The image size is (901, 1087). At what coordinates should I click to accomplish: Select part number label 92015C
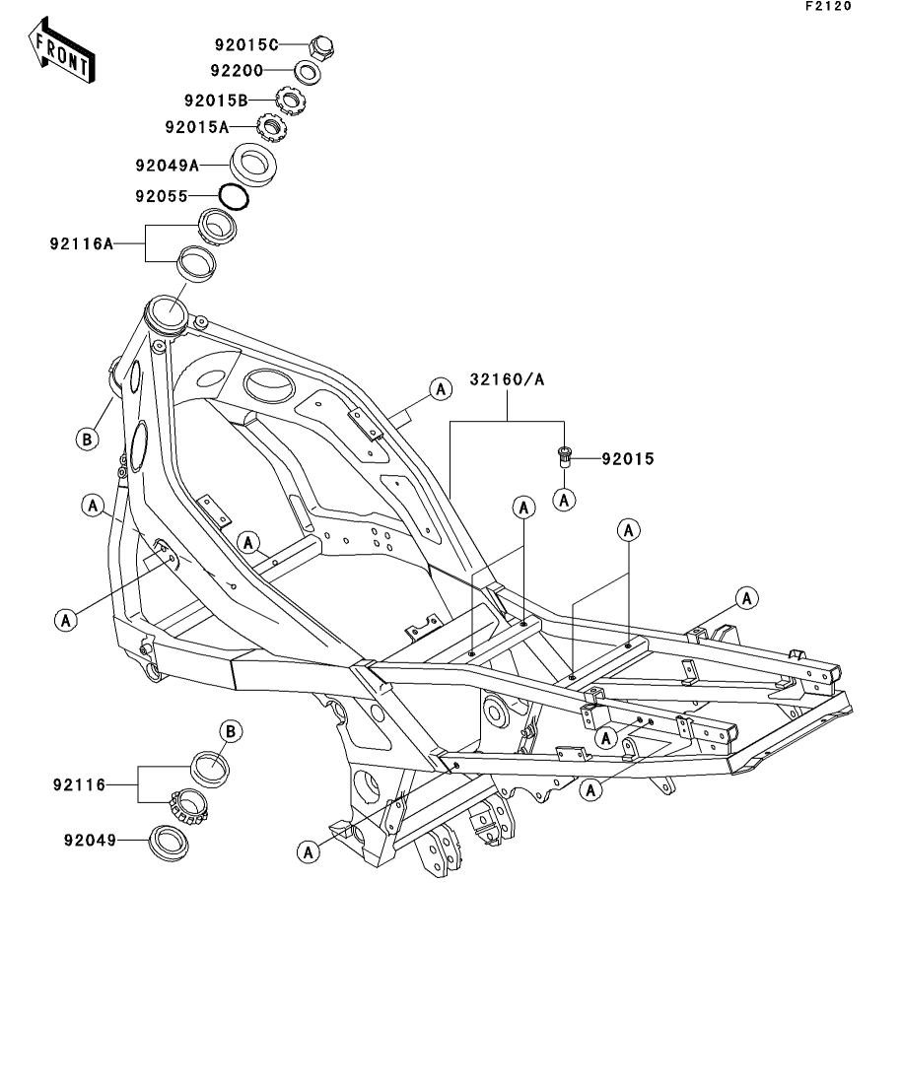click(x=246, y=44)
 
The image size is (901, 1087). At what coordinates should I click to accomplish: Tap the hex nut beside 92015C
click(x=321, y=45)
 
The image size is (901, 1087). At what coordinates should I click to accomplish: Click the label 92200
click(x=237, y=71)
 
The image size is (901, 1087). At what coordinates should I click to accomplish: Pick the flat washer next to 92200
click(x=308, y=72)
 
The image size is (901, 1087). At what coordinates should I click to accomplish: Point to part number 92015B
click(x=215, y=100)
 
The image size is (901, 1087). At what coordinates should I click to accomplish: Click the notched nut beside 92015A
click(x=270, y=126)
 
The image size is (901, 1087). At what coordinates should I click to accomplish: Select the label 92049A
click(x=168, y=165)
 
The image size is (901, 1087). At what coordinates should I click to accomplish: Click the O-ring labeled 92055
click(x=234, y=196)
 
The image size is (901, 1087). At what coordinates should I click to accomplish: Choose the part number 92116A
click(x=82, y=242)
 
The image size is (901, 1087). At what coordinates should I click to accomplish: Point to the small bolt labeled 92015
click(x=564, y=458)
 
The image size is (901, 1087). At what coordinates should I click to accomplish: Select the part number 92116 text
click(x=79, y=785)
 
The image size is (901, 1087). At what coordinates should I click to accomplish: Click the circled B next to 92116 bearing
click(x=230, y=730)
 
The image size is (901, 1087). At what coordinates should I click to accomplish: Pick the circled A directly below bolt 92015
click(x=565, y=500)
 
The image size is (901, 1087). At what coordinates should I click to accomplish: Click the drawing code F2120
click(x=826, y=7)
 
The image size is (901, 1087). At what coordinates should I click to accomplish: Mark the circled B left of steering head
click(x=87, y=439)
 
